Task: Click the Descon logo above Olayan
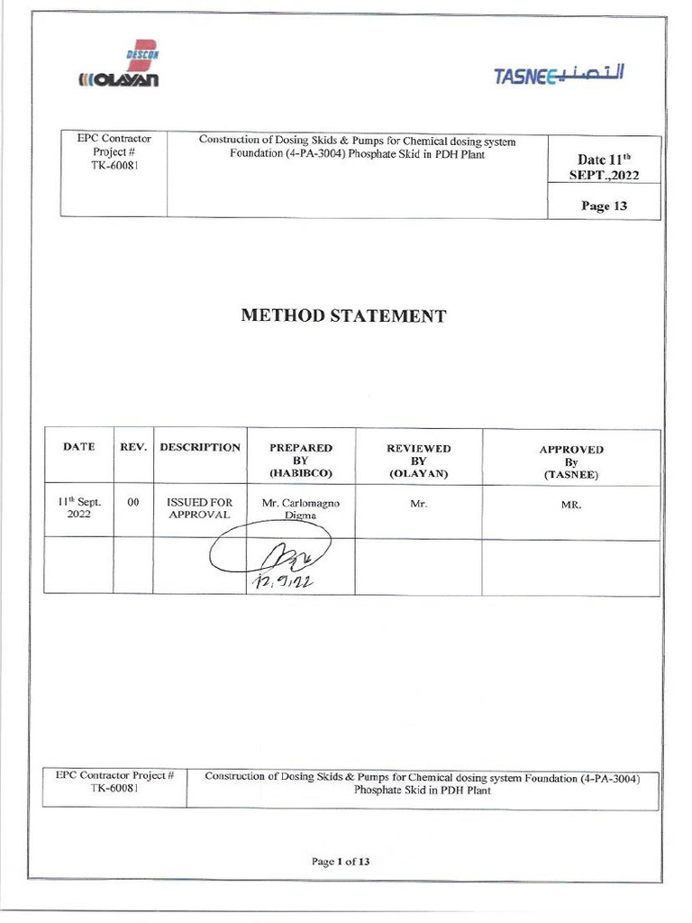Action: click(x=141, y=56)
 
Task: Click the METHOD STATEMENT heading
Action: click(x=343, y=316)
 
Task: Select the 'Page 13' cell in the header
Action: click(x=604, y=206)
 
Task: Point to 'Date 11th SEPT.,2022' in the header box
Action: click(x=604, y=168)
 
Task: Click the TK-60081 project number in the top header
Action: click(x=114, y=167)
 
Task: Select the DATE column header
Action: click(x=78, y=447)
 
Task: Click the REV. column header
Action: click(x=132, y=447)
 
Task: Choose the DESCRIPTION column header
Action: click(x=200, y=447)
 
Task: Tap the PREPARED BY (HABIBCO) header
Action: click(x=301, y=460)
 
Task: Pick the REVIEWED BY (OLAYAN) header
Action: click(x=418, y=460)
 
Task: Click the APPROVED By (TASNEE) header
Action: click(x=571, y=461)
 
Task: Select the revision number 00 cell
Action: click(x=132, y=503)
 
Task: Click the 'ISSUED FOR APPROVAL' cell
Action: click(x=200, y=508)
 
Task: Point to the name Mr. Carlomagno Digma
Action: click(x=301, y=509)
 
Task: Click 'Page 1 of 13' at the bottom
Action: click(x=341, y=862)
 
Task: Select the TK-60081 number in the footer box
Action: click(x=114, y=789)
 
